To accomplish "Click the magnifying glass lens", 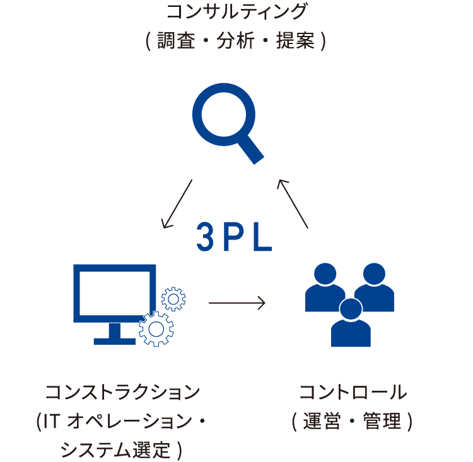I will [224, 114].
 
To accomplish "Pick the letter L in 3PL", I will [263, 238].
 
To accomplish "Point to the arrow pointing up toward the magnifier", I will [293, 204].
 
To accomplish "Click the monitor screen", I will [115, 292].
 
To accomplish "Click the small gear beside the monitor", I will [173, 299].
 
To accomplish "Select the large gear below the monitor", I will [156, 328].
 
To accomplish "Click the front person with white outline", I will [351, 325].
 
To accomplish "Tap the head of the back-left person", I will [325, 274].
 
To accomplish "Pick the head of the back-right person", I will [374, 274].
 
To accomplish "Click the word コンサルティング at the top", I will [237, 11].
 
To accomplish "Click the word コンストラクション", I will [122, 391].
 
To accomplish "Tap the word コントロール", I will [353, 391].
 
